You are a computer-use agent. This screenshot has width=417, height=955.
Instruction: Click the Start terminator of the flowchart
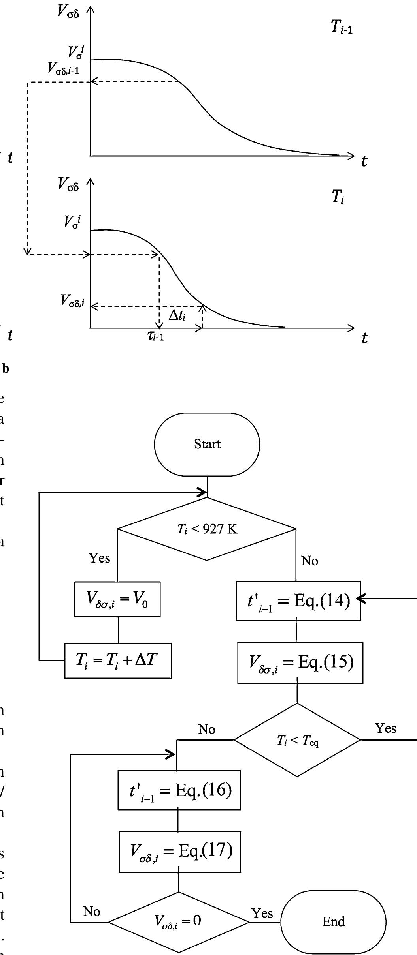pos(207,444)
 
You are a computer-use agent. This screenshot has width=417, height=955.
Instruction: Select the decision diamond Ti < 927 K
pos(207,529)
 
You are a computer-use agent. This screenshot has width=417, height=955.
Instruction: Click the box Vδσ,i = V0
pos(117,599)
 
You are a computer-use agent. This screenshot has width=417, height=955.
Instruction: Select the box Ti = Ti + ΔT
pos(118,660)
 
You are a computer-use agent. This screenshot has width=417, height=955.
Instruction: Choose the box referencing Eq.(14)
pos(298,600)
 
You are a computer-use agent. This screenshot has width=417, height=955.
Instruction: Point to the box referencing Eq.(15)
pos(300,662)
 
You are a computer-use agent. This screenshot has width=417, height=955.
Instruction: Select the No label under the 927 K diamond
pos(309,561)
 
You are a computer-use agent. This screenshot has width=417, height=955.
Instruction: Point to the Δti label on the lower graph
pos(177,315)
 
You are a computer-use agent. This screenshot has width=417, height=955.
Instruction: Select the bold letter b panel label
pos(6,369)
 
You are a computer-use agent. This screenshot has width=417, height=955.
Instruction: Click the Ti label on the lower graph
pos(338,196)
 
